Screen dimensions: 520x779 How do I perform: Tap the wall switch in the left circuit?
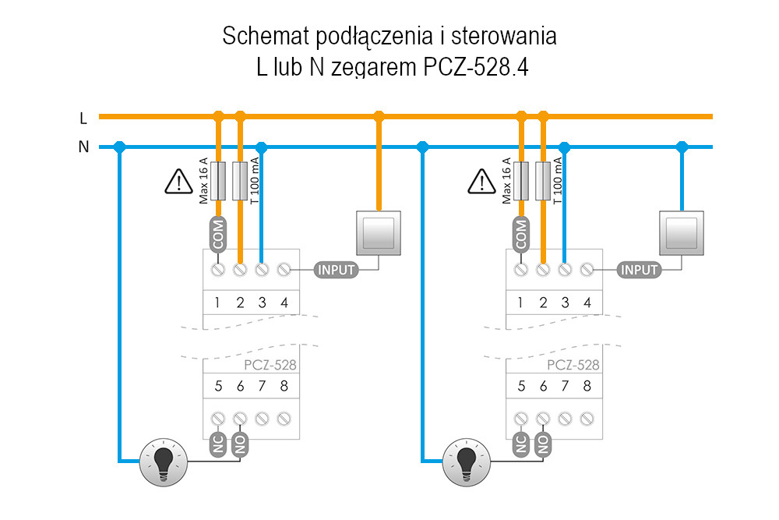379,232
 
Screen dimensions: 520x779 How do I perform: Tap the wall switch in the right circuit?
682,232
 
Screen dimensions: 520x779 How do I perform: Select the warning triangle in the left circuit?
179,182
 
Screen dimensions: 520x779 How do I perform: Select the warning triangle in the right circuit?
482,182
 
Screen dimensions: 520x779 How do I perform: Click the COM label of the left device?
218,235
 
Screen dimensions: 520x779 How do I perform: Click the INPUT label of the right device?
640,270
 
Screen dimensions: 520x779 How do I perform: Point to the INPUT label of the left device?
336,270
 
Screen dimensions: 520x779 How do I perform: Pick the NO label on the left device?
240,446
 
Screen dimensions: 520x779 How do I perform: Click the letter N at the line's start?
83,147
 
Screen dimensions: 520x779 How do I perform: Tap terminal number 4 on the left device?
284,302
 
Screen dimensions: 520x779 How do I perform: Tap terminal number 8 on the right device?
587,385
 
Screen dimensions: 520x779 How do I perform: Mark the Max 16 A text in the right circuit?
506,180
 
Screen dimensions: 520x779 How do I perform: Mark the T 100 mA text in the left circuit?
254,180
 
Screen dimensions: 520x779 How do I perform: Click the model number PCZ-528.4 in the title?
476,69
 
